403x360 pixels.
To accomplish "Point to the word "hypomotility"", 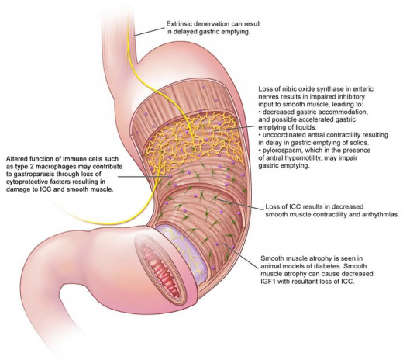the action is point(329,158).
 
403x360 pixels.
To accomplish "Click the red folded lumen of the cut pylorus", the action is point(161,271).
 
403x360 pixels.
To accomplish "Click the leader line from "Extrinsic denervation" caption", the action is point(149,32).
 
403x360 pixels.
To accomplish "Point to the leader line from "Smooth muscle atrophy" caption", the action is point(239,255).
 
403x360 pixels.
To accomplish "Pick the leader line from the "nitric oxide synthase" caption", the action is point(235,129).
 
